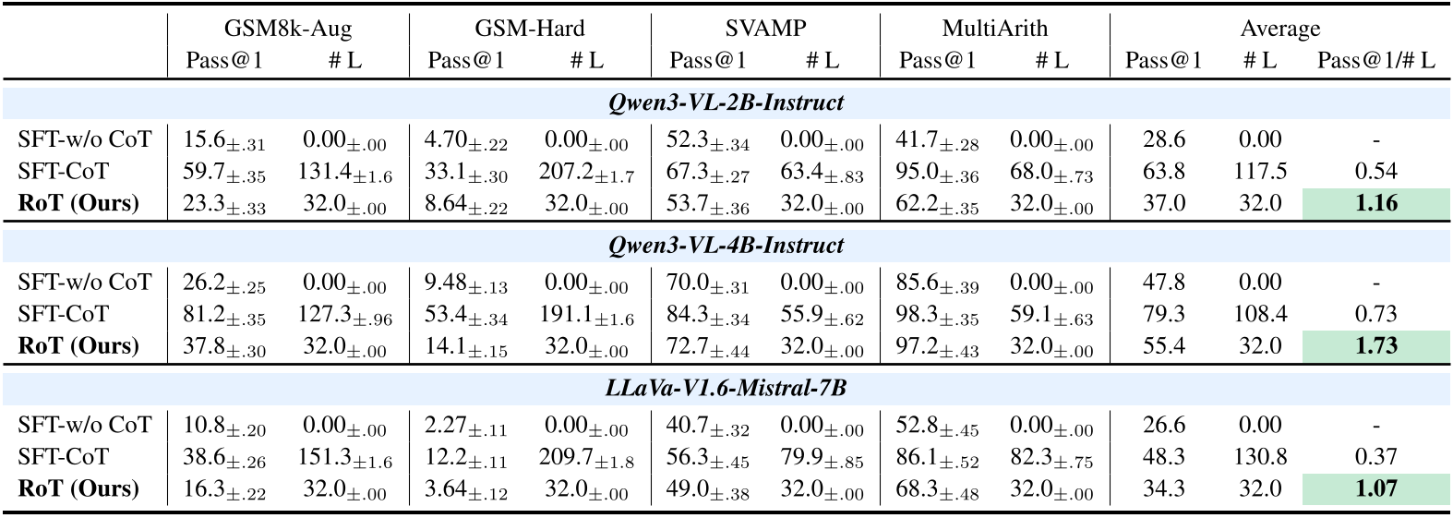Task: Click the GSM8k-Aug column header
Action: (288, 29)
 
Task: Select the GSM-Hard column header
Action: (530, 29)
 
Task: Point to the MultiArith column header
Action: (994, 29)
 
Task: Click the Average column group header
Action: (1279, 29)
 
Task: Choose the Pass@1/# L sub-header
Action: (1375, 61)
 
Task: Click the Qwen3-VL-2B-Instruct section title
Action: (726, 102)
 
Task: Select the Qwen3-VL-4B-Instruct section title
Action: (726, 246)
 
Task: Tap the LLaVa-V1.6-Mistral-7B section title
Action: (726, 388)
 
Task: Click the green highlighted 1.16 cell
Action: (1375, 203)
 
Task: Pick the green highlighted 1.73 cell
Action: (1375, 346)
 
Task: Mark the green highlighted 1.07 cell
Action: (1375, 488)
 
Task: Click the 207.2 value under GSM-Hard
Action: (586, 172)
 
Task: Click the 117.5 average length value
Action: (1259, 172)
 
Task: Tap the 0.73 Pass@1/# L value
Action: (1375, 315)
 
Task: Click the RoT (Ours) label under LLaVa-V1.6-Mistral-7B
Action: (78, 488)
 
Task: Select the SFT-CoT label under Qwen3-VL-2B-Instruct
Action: (63, 172)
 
